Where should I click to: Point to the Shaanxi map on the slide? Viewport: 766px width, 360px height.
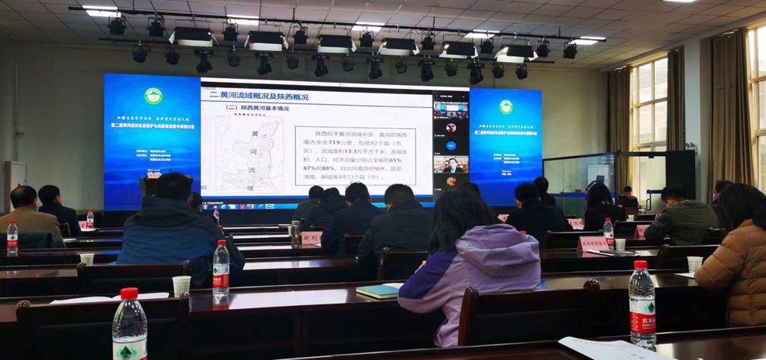(x=249, y=155)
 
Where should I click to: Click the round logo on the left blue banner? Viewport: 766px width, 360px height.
(x=153, y=96)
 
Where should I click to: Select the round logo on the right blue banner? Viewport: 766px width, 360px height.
(x=506, y=107)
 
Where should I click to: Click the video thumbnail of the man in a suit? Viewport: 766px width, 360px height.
(x=451, y=165)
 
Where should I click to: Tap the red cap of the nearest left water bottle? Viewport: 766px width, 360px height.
(x=129, y=294)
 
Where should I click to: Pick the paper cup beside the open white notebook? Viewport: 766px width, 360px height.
(x=181, y=286)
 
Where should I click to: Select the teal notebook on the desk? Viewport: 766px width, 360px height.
(x=379, y=290)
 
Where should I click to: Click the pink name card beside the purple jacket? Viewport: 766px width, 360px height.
(x=593, y=243)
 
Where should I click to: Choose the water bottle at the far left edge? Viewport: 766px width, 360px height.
(x=12, y=239)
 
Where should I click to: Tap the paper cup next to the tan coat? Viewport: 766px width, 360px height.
(x=695, y=263)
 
